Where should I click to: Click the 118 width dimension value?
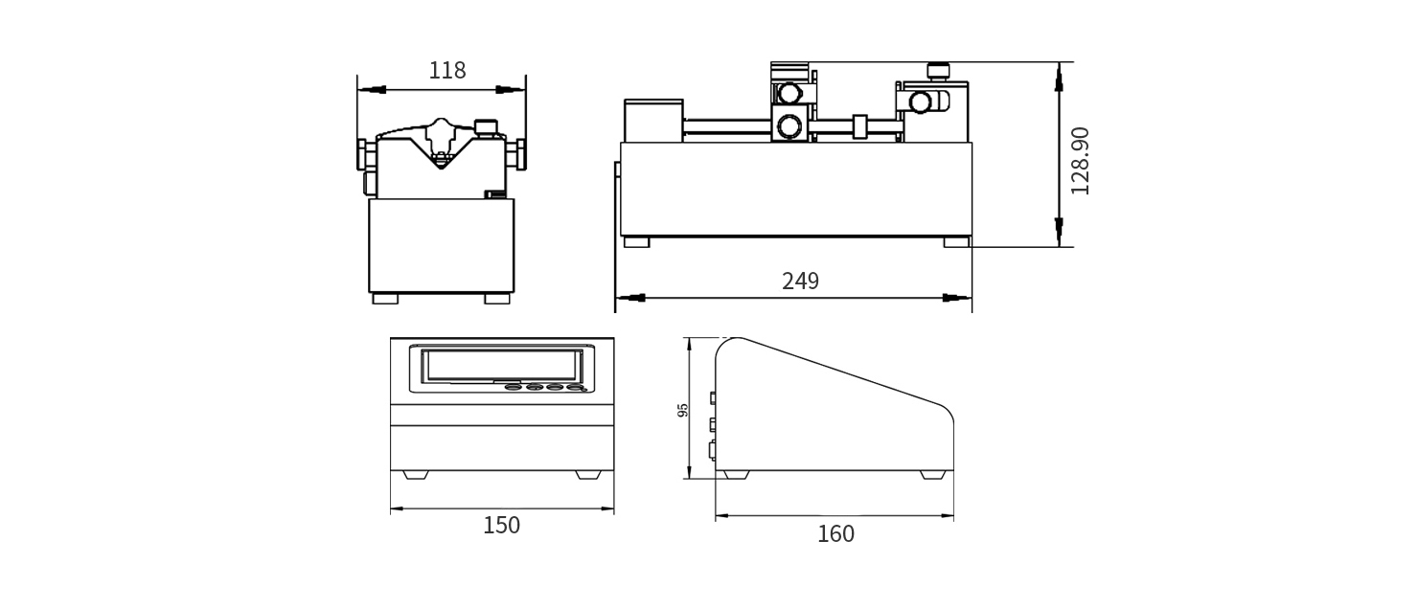446,70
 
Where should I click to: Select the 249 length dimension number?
800,281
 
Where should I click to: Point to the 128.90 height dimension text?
1080,160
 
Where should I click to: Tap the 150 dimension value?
501,525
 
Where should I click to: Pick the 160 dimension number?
835,533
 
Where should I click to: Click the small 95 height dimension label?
683,410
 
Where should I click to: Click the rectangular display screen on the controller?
501,365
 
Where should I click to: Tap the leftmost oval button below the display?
514,387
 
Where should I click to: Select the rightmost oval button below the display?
575,387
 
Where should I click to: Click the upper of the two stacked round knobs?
790,93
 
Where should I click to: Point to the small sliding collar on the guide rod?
859,125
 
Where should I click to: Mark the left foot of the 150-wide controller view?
416,475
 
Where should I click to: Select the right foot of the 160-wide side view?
931,475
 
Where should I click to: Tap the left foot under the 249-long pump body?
637,242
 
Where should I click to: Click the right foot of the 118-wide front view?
497,299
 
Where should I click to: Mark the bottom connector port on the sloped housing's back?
712,450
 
